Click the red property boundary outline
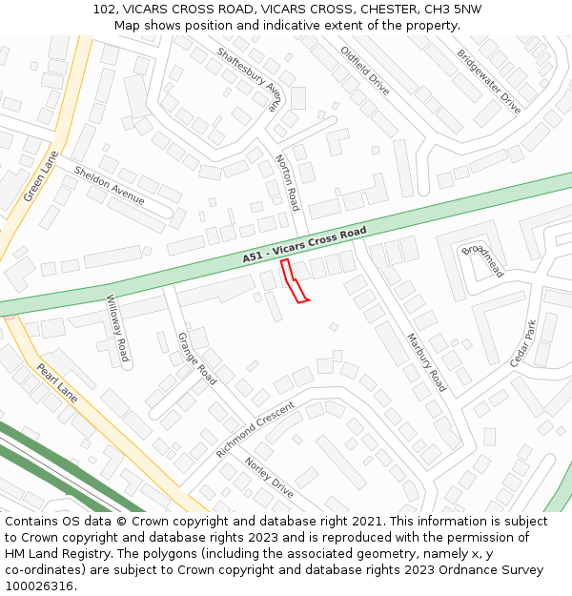point(294,281)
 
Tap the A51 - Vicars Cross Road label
point(304,244)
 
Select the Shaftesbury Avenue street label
point(250,80)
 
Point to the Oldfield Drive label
point(365,70)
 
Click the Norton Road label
point(287,182)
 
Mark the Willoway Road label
point(116,328)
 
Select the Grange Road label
point(197,359)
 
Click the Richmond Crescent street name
point(255,429)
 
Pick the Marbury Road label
point(426,362)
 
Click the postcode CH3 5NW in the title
point(453,10)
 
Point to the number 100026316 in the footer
point(40,586)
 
